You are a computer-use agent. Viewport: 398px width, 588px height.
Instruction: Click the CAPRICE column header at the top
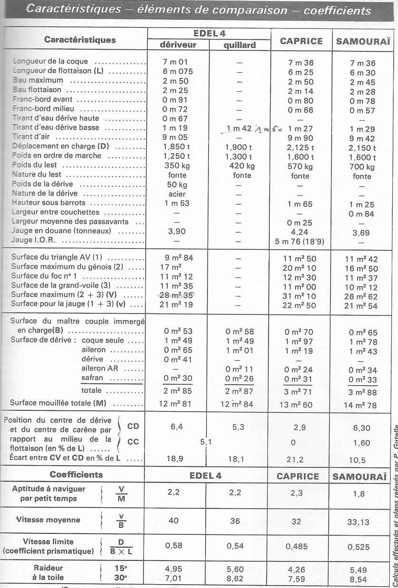[301, 41]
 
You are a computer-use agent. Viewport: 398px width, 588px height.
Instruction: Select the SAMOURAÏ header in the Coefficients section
[362, 476]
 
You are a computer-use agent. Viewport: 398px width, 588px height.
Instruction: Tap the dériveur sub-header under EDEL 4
[178, 45]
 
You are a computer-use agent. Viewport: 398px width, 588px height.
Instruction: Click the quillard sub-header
[239, 45]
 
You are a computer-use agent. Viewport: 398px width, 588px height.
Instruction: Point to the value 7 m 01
[175, 62]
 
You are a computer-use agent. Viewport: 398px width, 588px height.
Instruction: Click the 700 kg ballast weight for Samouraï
[362, 167]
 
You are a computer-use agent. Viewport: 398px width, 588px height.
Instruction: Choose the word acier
[177, 194]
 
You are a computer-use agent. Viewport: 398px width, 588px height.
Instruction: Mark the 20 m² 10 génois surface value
[300, 268]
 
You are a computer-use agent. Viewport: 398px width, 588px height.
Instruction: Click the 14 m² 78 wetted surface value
[362, 405]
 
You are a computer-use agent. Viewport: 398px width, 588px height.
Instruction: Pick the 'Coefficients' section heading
[76, 474]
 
